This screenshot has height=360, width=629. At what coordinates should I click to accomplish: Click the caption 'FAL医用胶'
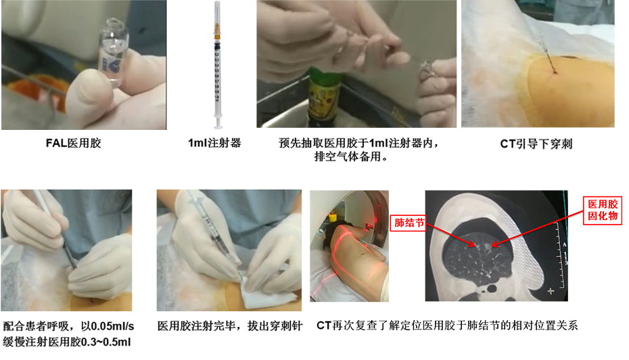point(74,143)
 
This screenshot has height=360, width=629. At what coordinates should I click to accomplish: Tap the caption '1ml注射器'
point(214,143)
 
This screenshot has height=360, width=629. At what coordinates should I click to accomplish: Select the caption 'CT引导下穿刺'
point(536,143)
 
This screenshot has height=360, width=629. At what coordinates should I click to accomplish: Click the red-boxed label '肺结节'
point(409,223)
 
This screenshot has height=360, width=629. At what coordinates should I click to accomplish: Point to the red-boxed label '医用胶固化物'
point(603,210)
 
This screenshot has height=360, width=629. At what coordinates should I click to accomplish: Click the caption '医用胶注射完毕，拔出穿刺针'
point(229,326)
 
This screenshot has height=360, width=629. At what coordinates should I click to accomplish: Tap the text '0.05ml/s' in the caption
point(113,326)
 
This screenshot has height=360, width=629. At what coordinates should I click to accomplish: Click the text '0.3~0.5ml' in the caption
point(106,342)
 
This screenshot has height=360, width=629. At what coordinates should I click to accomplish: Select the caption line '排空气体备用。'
point(352,156)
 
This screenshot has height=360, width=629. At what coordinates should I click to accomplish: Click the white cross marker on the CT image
point(551,291)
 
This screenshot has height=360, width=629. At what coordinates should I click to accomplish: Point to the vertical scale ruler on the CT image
point(561,256)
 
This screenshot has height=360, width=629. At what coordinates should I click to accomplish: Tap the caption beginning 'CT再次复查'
point(447,325)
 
